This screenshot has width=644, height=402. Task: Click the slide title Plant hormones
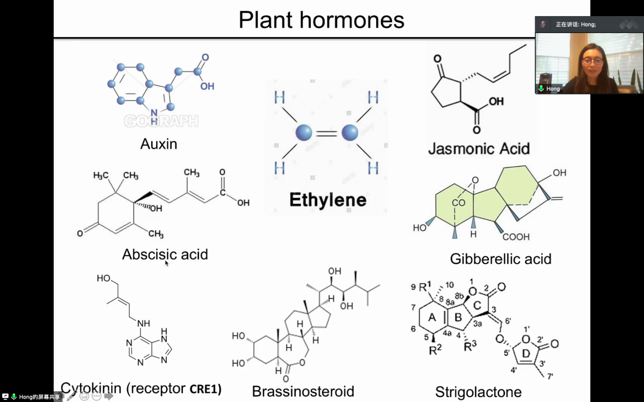click(322, 20)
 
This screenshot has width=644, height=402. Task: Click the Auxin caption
click(159, 144)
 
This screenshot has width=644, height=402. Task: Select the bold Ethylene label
click(327, 200)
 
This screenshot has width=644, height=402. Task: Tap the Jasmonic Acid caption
click(479, 148)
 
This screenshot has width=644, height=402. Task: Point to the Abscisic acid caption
click(165, 254)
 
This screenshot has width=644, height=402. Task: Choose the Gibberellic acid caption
click(501, 259)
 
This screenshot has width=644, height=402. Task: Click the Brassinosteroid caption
click(303, 391)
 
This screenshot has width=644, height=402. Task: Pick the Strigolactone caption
click(478, 392)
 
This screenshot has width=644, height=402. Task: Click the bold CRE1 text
click(205, 389)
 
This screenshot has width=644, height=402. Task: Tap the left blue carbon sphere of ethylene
click(304, 133)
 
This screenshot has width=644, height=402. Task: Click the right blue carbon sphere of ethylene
click(350, 133)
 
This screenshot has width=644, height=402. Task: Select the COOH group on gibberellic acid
click(516, 237)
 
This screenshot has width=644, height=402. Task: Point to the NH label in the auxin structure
click(154, 114)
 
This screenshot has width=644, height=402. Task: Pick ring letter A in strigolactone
click(432, 317)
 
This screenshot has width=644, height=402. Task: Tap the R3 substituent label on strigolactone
click(470, 347)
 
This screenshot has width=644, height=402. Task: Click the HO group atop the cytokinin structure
click(103, 278)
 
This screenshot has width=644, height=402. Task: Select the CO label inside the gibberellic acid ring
click(458, 203)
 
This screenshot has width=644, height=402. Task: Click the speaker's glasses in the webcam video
click(592, 61)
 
